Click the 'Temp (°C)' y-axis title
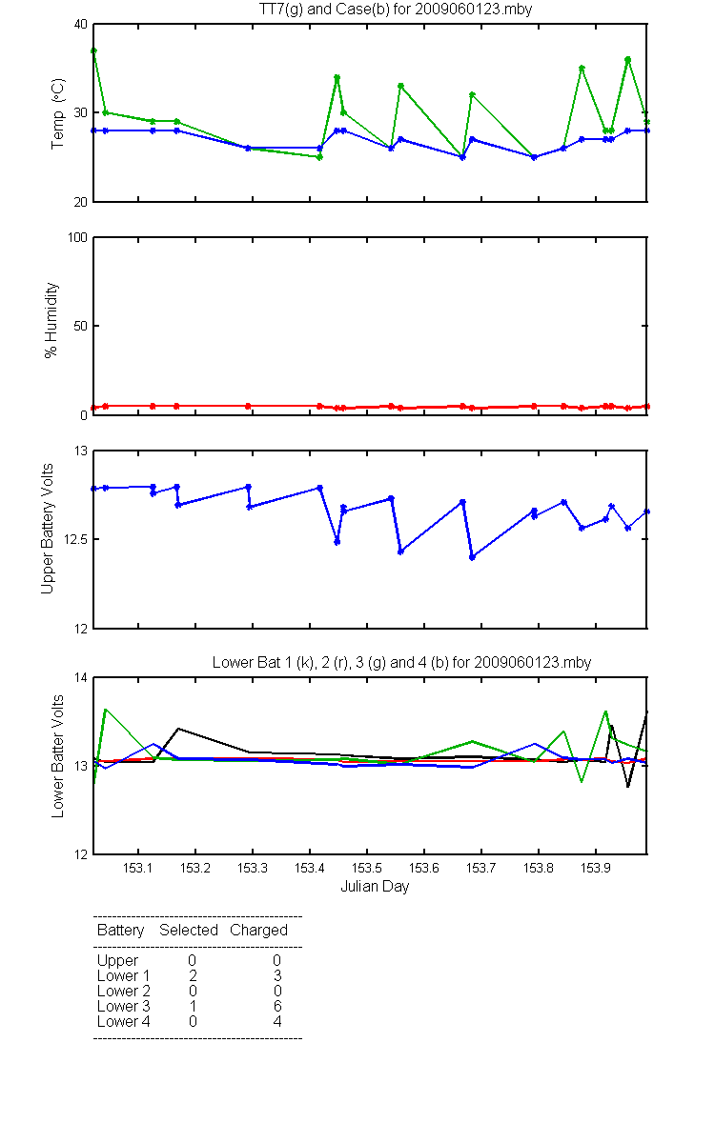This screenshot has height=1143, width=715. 58,113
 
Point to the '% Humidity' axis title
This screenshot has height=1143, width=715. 51,320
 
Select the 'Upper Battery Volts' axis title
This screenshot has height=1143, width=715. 47,529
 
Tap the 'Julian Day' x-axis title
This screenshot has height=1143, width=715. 375,887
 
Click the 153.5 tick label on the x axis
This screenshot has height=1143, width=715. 367,868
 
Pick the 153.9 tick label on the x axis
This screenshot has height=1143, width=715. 596,868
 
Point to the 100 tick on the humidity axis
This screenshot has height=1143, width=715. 77,237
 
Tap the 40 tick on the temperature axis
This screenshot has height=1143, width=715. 81,24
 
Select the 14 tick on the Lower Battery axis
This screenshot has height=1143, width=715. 81,677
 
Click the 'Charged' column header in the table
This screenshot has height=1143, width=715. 258,931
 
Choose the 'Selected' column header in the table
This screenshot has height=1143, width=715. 189,930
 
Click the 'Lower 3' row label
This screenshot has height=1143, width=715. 124,1006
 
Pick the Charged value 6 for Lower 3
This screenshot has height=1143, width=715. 277,1006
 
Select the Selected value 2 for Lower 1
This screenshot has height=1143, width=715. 193,975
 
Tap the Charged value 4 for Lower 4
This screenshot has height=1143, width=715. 277,1021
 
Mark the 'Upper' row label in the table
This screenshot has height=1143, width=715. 117,961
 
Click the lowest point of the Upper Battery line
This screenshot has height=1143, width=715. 473,557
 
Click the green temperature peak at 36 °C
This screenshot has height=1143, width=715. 627,60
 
